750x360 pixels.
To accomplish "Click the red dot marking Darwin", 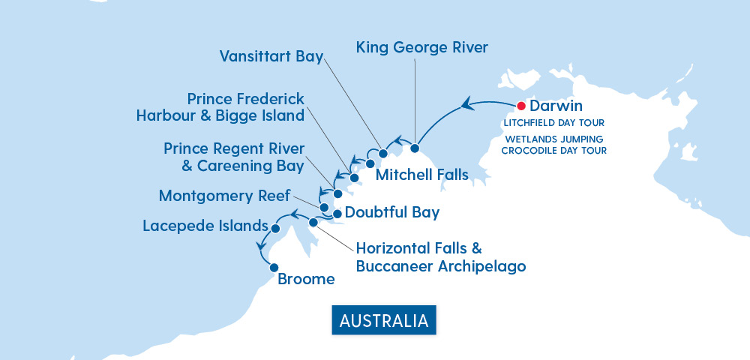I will (521, 106).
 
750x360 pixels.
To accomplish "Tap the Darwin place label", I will (556, 106).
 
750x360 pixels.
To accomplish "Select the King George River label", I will (421, 48).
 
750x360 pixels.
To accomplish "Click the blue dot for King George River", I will (414, 148).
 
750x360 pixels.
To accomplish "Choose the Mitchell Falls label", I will (421, 175).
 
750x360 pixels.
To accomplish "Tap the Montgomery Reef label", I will (224, 196).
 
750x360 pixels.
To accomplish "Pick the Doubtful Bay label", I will (392, 212).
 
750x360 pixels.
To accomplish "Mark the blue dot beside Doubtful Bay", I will (337, 214).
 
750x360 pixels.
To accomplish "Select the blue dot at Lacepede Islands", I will (275, 228).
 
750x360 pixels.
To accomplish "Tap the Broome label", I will (306, 280).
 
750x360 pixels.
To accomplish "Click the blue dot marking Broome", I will (274, 267).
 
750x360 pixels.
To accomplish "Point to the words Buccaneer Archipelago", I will (441, 265).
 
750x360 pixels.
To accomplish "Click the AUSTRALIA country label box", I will (384, 320).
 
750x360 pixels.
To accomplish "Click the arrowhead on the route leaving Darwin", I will (466, 103).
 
